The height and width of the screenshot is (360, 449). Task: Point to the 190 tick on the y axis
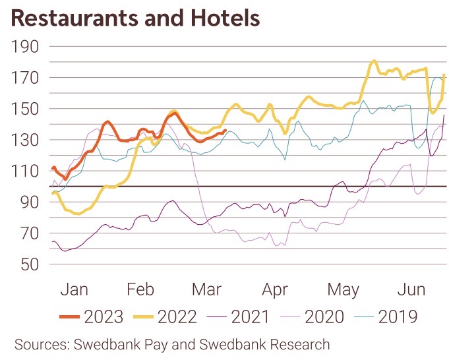pyautogui.click(x=26, y=47)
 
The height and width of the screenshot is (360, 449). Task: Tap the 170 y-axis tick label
pyautogui.click(x=26, y=78)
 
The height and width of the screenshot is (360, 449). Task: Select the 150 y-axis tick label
pyautogui.click(x=26, y=109)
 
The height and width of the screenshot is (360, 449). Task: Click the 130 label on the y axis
pyautogui.click(x=26, y=140)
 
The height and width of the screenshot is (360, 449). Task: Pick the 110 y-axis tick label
pyautogui.click(x=26, y=171)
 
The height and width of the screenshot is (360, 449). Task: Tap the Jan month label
pyautogui.click(x=74, y=289)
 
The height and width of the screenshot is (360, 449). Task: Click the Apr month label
pyautogui.click(x=274, y=289)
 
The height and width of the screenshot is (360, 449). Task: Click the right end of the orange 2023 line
pyautogui.click(x=225, y=131)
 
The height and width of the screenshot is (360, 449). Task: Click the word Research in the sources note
pyautogui.click(x=293, y=344)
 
